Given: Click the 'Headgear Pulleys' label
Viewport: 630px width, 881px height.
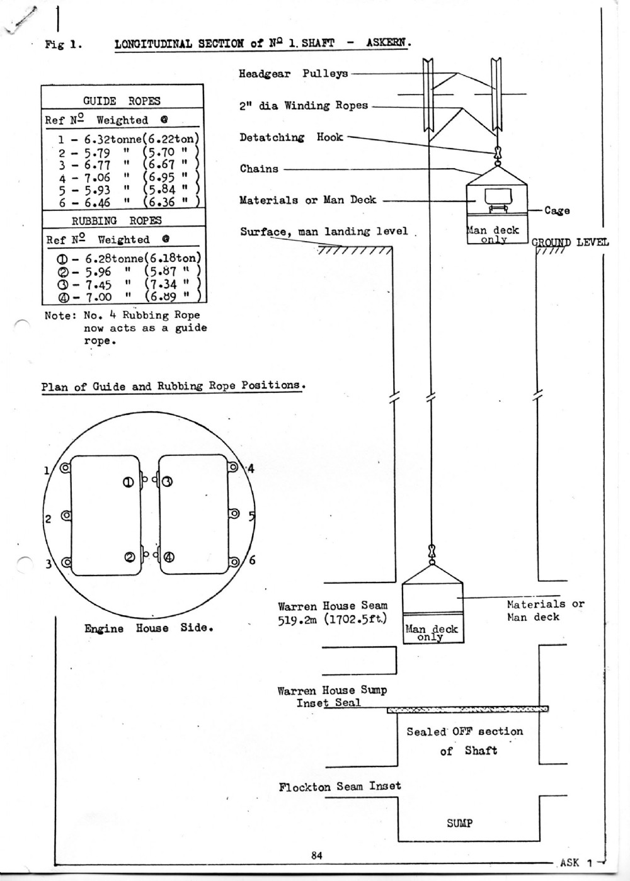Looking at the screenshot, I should tap(293, 74).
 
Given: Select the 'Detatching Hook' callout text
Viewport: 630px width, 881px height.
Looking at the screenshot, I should tap(291, 137).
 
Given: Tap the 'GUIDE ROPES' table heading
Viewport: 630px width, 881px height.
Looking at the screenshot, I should tap(122, 101).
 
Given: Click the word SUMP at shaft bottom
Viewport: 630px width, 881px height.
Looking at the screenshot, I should tap(460, 823).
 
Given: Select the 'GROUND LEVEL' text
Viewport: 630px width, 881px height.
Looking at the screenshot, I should tap(570, 242).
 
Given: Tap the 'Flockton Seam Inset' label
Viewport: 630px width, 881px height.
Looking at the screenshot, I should tap(340, 786).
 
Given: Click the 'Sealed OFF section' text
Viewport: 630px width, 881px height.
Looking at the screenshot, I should tap(464, 732).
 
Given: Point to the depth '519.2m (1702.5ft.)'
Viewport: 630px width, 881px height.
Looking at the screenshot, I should tap(333, 619).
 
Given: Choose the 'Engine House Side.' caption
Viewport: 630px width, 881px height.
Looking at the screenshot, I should tap(148, 628).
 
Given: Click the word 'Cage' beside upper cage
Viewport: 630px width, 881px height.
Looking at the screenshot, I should tap(557, 210).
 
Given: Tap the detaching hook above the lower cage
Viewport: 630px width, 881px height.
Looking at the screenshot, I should tap(432, 552).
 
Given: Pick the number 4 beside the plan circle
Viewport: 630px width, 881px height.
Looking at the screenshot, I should tap(251, 468).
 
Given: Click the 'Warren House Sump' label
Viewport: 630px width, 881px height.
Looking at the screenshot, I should tap(332, 690).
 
